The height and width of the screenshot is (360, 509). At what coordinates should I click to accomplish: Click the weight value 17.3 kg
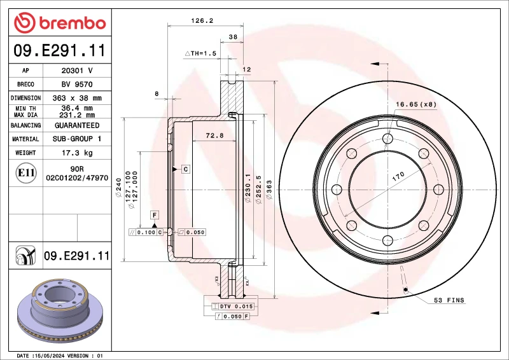pyautogui.click(x=77, y=153)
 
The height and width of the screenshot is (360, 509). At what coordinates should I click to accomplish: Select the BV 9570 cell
pyautogui.click(x=77, y=84)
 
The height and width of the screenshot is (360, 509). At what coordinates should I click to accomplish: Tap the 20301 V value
pyautogui.click(x=77, y=71)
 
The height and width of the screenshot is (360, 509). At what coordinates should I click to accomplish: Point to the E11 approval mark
pyautogui.click(x=25, y=172)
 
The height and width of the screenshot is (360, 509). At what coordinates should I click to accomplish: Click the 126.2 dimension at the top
pyautogui.click(x=202, y=20)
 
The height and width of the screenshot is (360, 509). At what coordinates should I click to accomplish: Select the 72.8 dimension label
pyautogui.click(x=214, y=135)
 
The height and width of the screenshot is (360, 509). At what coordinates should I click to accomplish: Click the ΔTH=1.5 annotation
pyautogui.click(x=200, y=53)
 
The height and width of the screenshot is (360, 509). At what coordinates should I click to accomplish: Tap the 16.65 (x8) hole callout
pyautogui.click(x=416, y=104)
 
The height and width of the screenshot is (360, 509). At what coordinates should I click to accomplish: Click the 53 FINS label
pyautogui.click(x=449, y=300)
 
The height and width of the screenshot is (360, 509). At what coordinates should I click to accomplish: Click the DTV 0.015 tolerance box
pyautogui.click(x=237, y=307)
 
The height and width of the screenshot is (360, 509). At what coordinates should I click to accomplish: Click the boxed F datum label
pyautogui.click(x=155, y=216)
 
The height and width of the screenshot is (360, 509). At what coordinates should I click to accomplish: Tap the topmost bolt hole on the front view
pyautogui.click(x=387, y=139)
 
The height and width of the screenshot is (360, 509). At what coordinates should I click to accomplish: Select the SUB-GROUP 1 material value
pyautogui.click(x=77, y=139)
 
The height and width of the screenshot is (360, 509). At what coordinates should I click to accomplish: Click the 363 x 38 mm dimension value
pyautogui.click(x=77, y=98)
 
